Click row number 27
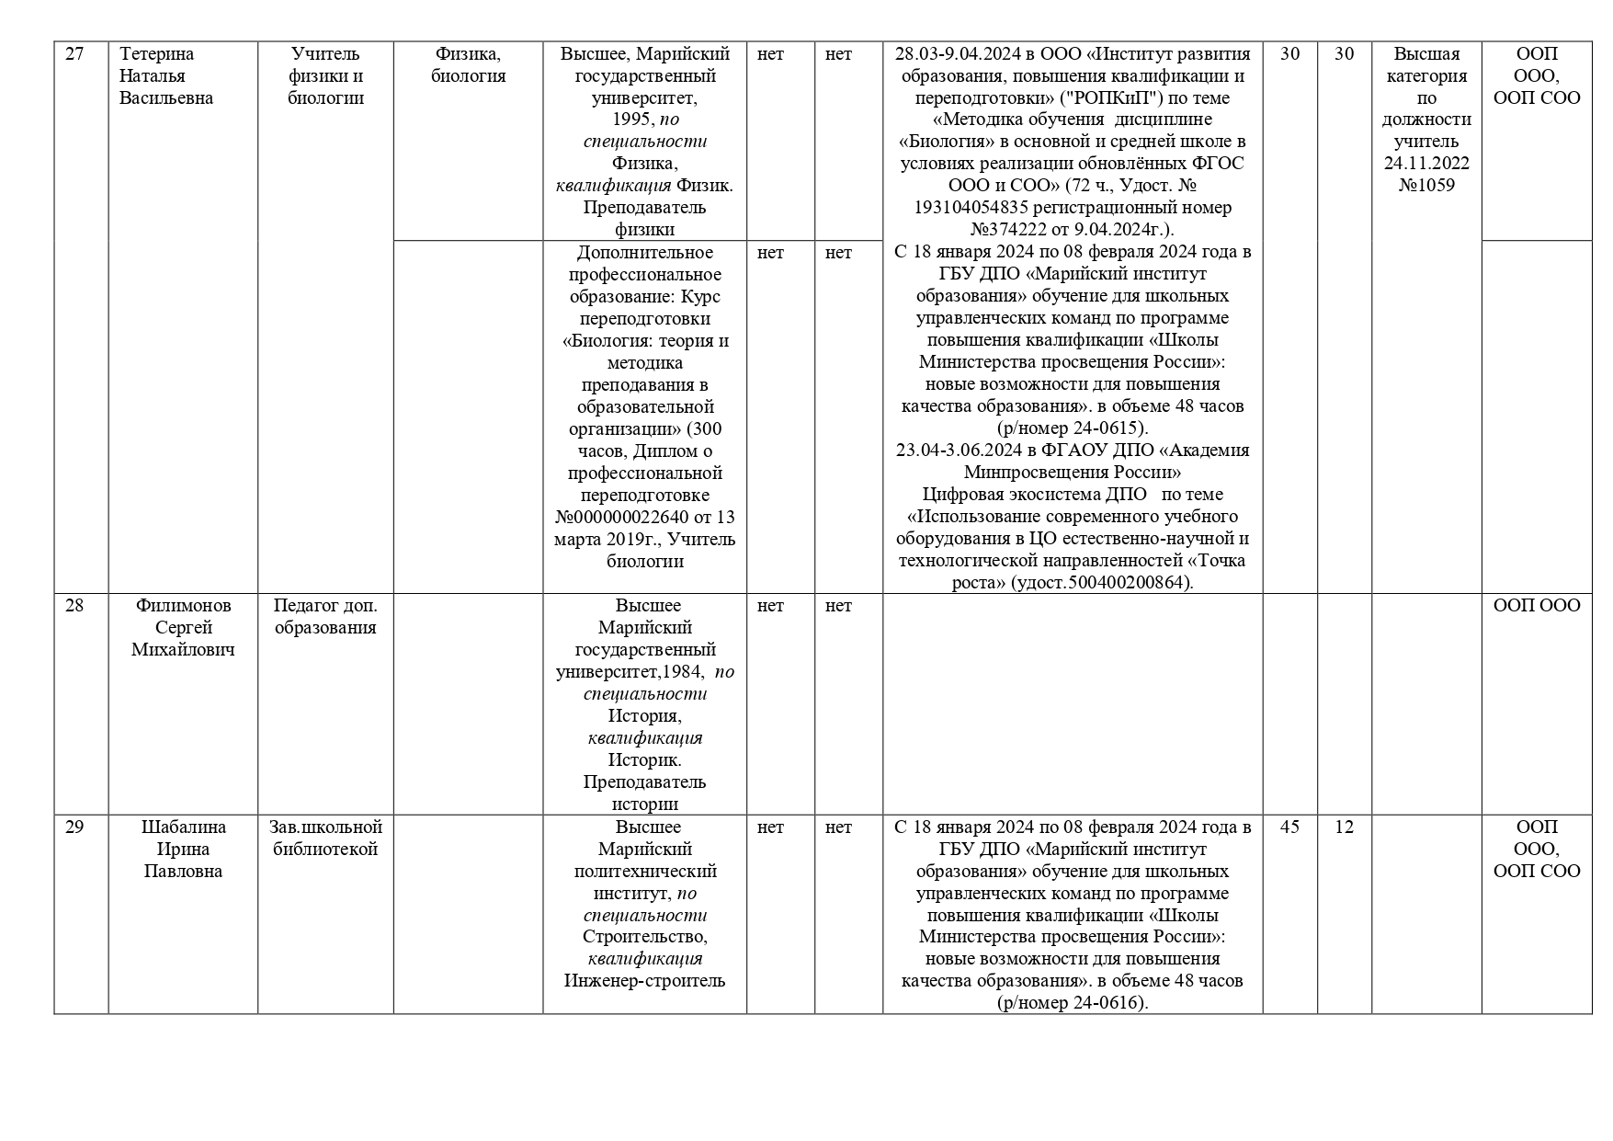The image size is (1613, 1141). pyautogui.click(x=74, y=54)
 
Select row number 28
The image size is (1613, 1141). pyautogui.click(x=74, y=606)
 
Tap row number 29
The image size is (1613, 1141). pyautogui.click(x=74, y=827)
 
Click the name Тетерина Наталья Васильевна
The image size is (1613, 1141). pyautogui.click(x=166, y=76)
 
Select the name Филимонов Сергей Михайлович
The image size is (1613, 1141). pyautogui.click(x=183, y=628)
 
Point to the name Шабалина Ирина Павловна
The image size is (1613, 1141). pyautogui.click(x=183, y=850)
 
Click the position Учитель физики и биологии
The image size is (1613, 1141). pyautogui.click(x=325, y=76)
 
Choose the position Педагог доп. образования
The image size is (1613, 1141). pyautogui.click(x=325, y=617)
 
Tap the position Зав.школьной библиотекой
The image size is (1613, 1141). pyautogui.click(x=325, y=839)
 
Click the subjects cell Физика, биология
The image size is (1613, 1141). pyautogui.click(x=468, y=65)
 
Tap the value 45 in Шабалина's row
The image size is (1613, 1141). pyautogui.click(x=1289, y=827)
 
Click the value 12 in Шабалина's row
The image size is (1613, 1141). pyautogui.click(x=1344, y=827)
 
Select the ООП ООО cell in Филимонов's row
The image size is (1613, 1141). pyautogui.click(x=1537, y=606)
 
